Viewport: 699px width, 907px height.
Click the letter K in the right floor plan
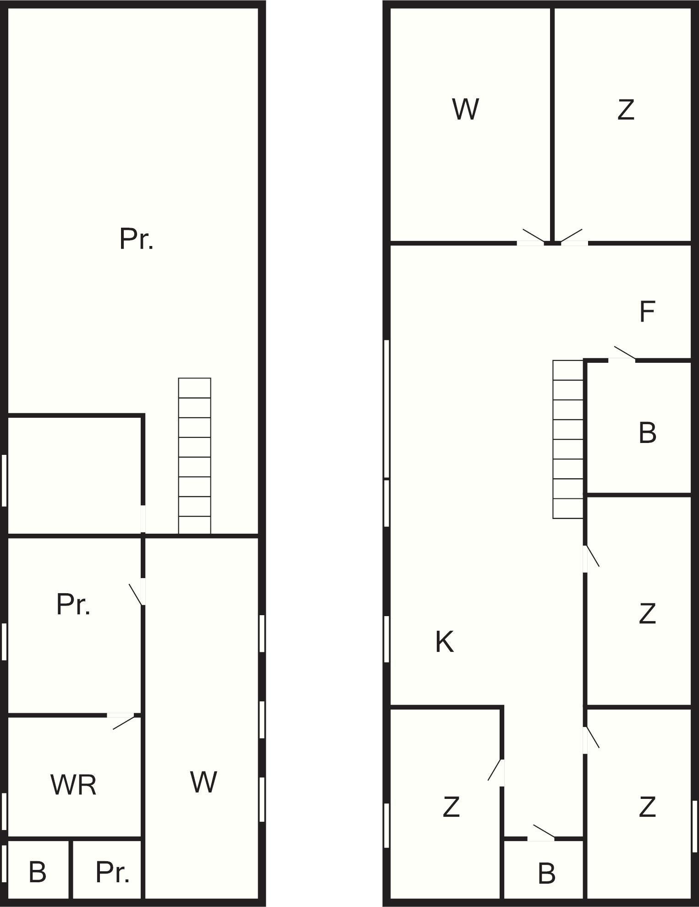pos(444,641)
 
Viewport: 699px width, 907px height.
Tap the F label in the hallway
pos(647,311)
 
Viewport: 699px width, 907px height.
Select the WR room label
pos(73,785)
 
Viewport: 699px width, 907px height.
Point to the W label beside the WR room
pos(203,781)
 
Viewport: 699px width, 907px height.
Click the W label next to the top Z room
pos(465,109)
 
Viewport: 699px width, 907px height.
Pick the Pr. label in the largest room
pos(136,239)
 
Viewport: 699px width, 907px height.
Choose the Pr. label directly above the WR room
pos(73,604)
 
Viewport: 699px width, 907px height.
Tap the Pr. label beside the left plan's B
pos(112,872)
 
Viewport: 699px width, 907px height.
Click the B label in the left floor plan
pos(37,872)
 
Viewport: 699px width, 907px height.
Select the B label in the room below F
pos(647,432)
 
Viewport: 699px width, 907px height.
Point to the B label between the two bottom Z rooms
pos(546,873)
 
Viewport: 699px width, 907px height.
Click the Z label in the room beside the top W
pos(626,110)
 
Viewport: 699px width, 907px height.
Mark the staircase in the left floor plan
pos(194,456)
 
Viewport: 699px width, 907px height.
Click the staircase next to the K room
pos(568,439)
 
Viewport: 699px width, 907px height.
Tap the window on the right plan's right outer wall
pos(694,826)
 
